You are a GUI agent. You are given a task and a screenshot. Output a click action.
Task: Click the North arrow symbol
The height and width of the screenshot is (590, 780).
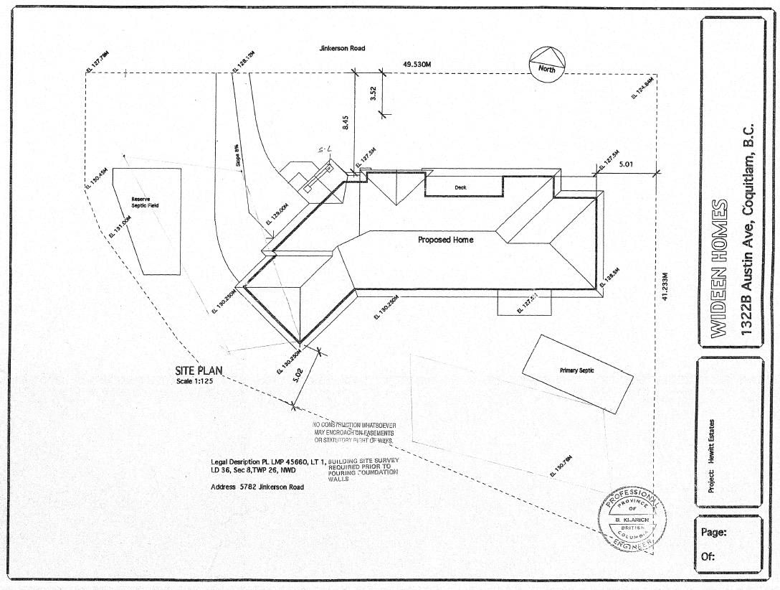(x=548, y=62)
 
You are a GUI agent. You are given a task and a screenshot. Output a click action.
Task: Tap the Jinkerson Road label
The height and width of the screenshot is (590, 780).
(x=342, y=48)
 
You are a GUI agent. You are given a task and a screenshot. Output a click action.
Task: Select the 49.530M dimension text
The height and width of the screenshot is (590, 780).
(x=417, y=65)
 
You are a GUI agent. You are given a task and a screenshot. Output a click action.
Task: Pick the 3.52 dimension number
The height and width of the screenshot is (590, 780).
(x=374, y=94)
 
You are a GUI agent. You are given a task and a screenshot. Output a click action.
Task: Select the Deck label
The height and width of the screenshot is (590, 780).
(x=460, y=187)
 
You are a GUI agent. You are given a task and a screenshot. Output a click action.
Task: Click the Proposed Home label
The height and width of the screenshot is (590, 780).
(x=445, y=239)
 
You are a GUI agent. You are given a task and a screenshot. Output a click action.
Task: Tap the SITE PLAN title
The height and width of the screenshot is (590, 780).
(x=199, y=371)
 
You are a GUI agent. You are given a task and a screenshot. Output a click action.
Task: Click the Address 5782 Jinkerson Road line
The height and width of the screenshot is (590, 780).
(x=257, y=487)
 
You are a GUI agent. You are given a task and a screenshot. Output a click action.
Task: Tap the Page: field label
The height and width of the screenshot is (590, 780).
(x=714, y=533)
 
